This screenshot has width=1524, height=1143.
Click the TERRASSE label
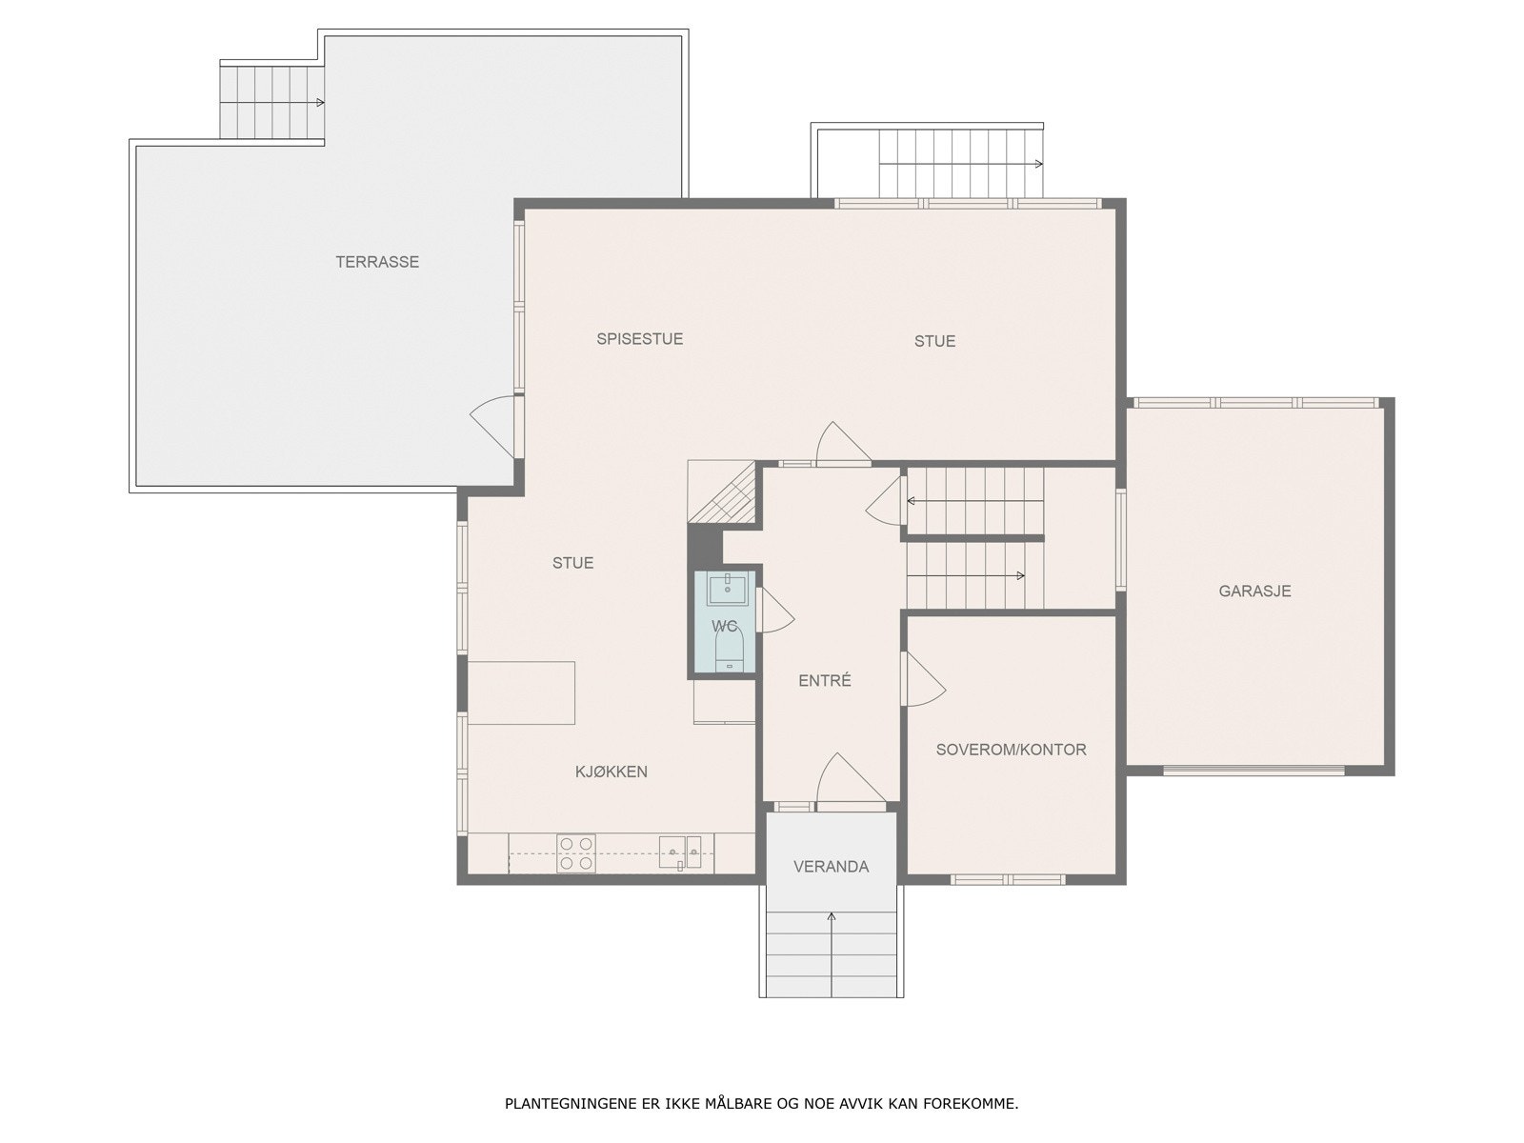coord(377,262)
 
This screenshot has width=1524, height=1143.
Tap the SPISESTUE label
coord(639,339)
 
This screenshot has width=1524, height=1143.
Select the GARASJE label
coord(1254,592)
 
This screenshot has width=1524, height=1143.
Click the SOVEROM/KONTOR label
coord(1011,750)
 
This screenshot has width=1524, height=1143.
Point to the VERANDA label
coord(831,867)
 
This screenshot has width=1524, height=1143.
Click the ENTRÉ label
coord(824,681)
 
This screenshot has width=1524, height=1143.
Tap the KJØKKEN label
coord(611,772)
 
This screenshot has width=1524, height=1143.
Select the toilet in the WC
coord(730,653)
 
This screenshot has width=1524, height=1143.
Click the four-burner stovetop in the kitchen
coord(576,853)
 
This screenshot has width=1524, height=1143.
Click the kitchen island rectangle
coord(521,692)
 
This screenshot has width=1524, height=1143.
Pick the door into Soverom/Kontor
coord(922,679)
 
